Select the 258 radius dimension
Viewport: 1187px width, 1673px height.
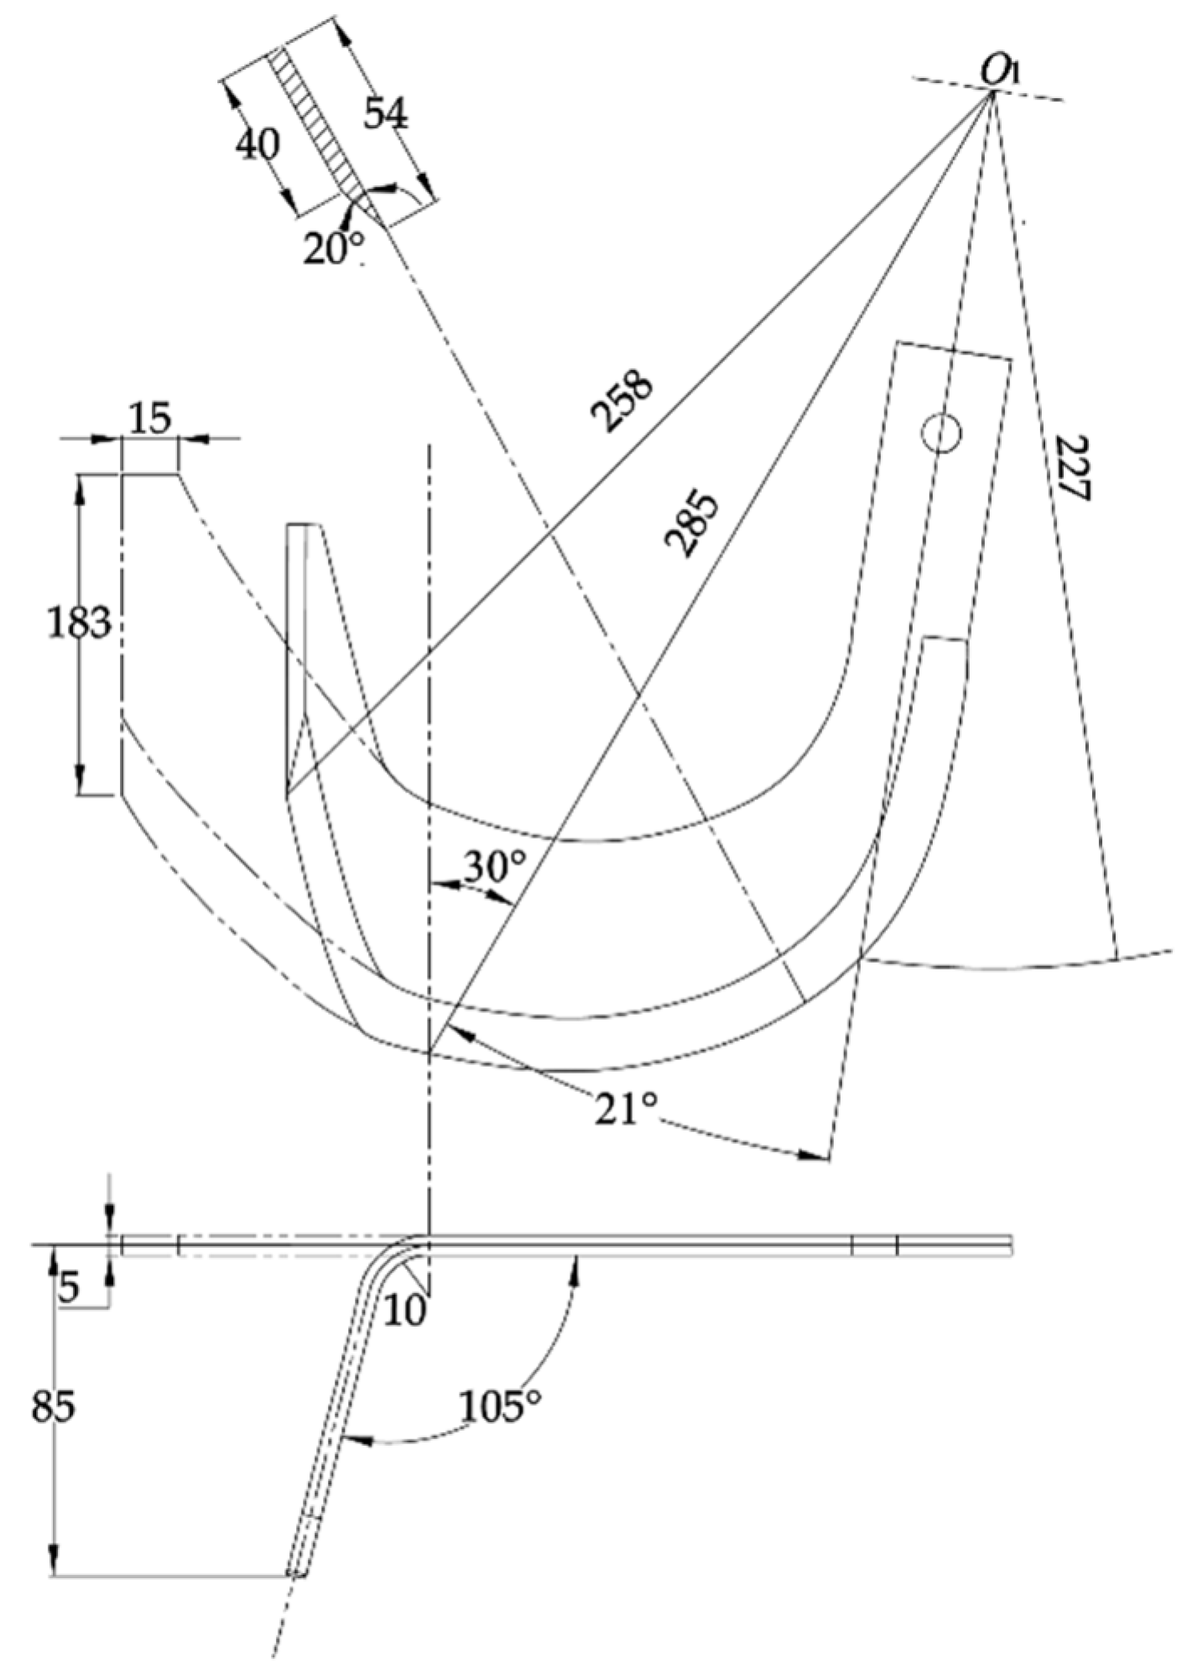coord(622,400)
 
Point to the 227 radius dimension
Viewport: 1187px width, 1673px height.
coord(1070,467)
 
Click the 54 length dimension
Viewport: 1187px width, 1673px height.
coord(386,115)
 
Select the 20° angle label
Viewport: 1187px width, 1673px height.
coord(333,249)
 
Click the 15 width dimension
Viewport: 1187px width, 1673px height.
coord(150,417)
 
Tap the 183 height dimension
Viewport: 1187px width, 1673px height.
coord(78,623)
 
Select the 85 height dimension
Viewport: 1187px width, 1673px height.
coord(53,1406)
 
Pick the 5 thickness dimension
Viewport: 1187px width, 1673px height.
coord(69,1288)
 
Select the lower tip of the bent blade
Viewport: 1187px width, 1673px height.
coord(296,1572)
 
